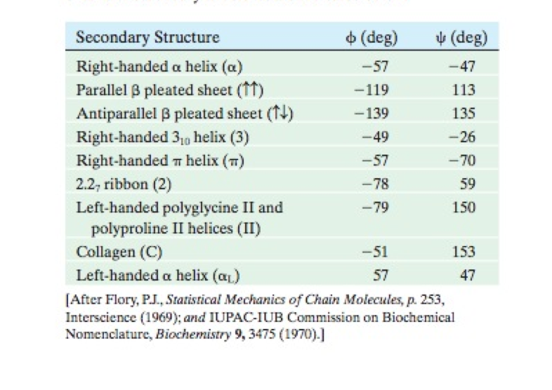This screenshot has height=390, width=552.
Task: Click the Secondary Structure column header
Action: [x=147, y=37]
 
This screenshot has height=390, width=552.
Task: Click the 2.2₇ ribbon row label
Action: [x=124, y=184]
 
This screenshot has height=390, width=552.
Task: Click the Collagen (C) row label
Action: [x=119, y=251]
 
